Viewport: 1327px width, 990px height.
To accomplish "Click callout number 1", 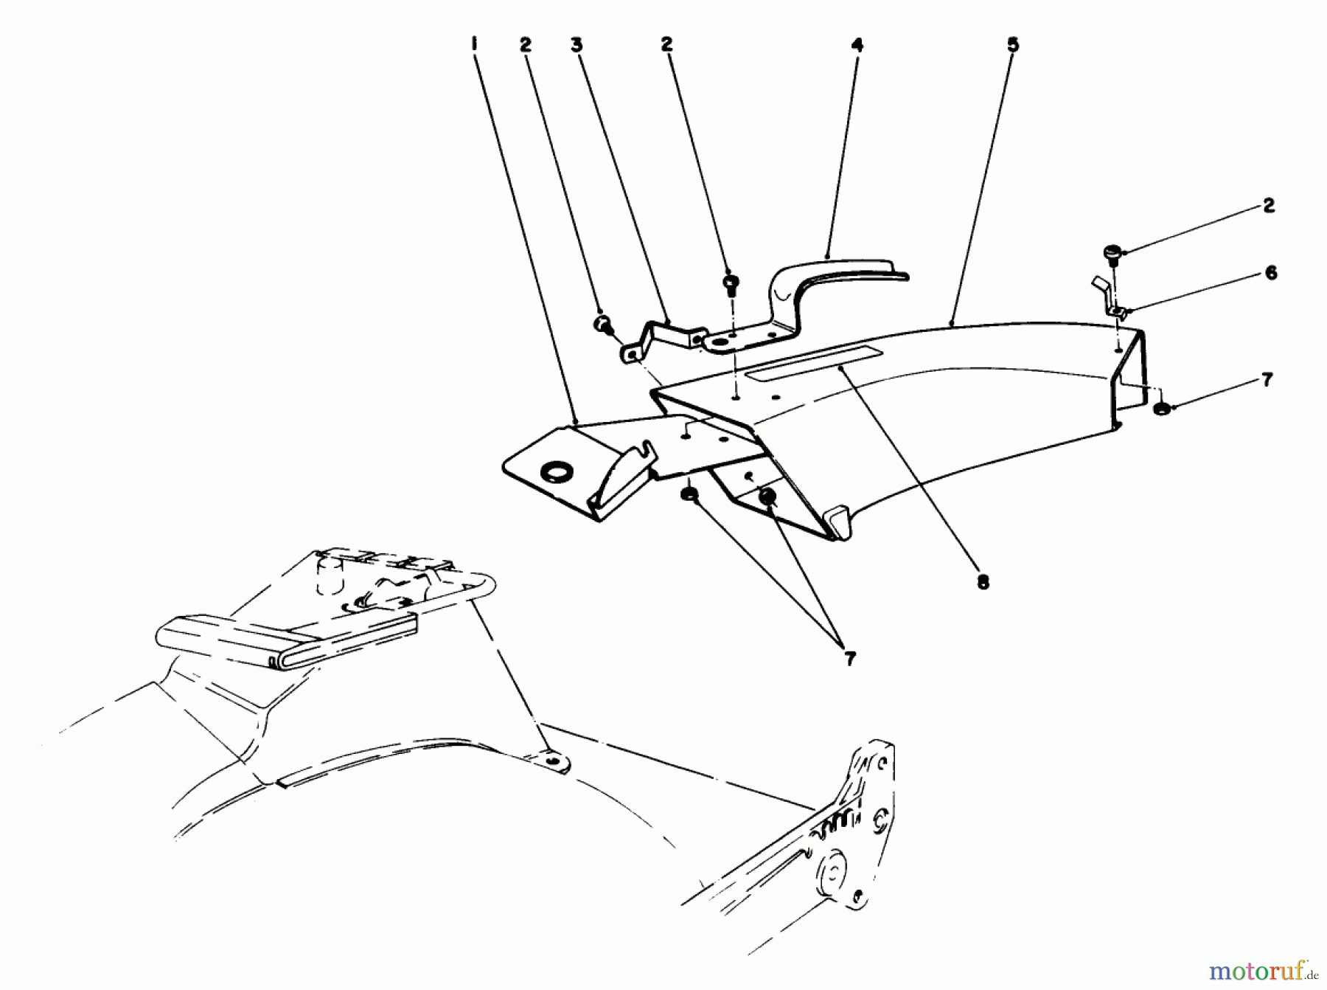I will [x=474, y=45].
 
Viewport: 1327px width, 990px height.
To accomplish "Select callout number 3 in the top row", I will [x=577, y=45].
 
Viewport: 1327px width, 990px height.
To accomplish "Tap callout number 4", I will [x=856, y=45].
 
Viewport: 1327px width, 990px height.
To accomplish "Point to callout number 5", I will [x=1013, y=45].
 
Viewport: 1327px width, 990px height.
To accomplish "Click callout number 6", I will [x=1270, y=273].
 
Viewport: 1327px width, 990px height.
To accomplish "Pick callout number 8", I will [x=982, y=582].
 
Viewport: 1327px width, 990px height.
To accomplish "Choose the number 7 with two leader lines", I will [x=850, y=659].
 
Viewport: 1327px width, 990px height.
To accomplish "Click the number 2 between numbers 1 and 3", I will [x=525, y=45].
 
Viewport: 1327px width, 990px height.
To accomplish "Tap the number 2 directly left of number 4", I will [x=667, y=45].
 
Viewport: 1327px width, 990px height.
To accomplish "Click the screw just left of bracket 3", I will [x=602, y=323].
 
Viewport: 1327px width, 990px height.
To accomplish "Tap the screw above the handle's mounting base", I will [x=732, y=283].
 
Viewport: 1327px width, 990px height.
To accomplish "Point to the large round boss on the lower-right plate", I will [x=831, y=879].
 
